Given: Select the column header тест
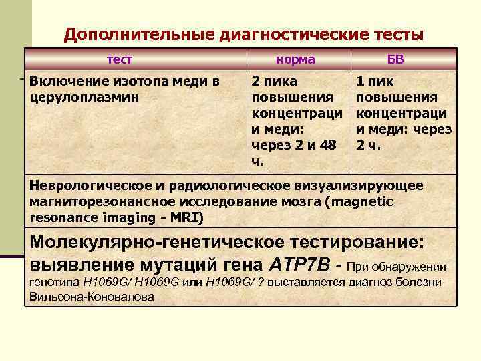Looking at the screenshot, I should point(120,59).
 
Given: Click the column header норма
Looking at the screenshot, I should point(296,59).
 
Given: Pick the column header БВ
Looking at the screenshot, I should point(395,59).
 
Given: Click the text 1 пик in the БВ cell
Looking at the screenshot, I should point(375,82).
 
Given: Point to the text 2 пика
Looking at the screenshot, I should point(271,82).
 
